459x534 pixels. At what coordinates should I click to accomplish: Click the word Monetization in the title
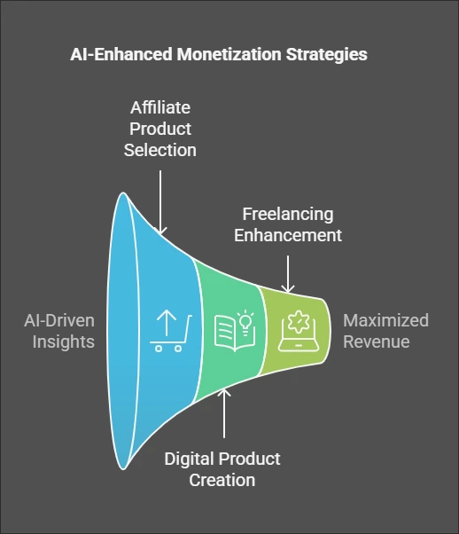pyautogui.click(x=229, y=54)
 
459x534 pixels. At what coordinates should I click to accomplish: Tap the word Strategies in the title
pyautogui.click(x=327, y=55)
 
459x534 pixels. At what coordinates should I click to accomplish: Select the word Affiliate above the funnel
pyautogui.click(x=160, y=107)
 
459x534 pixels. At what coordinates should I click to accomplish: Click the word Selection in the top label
pyautogui.click(x=159, y=150)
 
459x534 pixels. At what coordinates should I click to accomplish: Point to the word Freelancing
pyautogui.click(x=288, y=215)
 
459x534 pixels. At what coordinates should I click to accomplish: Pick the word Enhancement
pyautogui.click(x=288, y=235)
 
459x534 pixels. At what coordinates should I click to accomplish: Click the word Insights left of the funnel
pyautogui.click(x=64, y=342)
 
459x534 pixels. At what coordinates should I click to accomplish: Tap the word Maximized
pyautogui.click(x=385, y=321)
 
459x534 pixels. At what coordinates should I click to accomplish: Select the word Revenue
pyautogui.click(x=377, y=342)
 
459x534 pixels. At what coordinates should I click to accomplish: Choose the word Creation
pyautogui.click(x=222, y=480)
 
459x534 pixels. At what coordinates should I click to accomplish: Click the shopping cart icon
pyautogui.click(x=170, y=331)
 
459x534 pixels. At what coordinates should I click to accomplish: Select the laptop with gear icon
pyautogui.click(x=299, y=331)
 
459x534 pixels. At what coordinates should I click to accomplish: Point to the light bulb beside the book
pyautogui.click(x=245, y=322)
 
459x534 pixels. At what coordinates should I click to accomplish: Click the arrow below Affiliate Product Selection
pyautogui.click(x=160, y=202)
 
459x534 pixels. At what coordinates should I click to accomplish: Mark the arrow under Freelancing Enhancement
pyautogui.click(x=288, y=274)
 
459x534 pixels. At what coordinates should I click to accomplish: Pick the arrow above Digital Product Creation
pyautogui.click(x=224, y=413)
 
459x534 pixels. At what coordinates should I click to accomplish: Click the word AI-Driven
pyautogui.click(x=59, y=321)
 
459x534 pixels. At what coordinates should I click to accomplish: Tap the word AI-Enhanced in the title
pyautogui.click(x=121, y=54)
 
